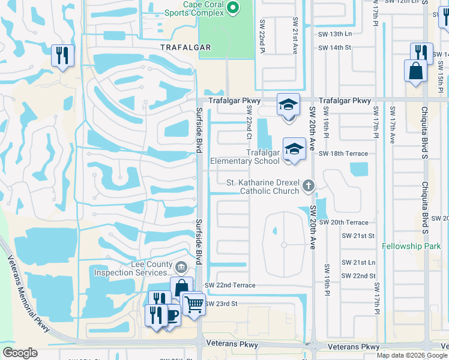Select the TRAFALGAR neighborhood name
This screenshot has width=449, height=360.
click(x=185, y=47)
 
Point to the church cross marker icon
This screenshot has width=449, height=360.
click(x=308, y=185)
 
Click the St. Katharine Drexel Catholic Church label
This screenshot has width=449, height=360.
click(x=262, y=187)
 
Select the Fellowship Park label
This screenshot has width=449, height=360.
click(x=412, y=247)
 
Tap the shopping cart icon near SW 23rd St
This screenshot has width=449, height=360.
click(x=193, y=305)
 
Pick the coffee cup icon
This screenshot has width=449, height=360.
click(x=172, y=314)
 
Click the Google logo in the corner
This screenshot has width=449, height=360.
click(x=20, y=353)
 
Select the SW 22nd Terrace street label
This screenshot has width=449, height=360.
click(x=230, y=285)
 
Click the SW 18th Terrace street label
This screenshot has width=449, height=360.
click(x=343, y=154)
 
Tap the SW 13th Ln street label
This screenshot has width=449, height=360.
click(x=334, y=34)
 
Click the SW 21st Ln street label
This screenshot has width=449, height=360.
click(x=358, y=263)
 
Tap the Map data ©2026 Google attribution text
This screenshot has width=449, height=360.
click(x=412, y=355)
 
